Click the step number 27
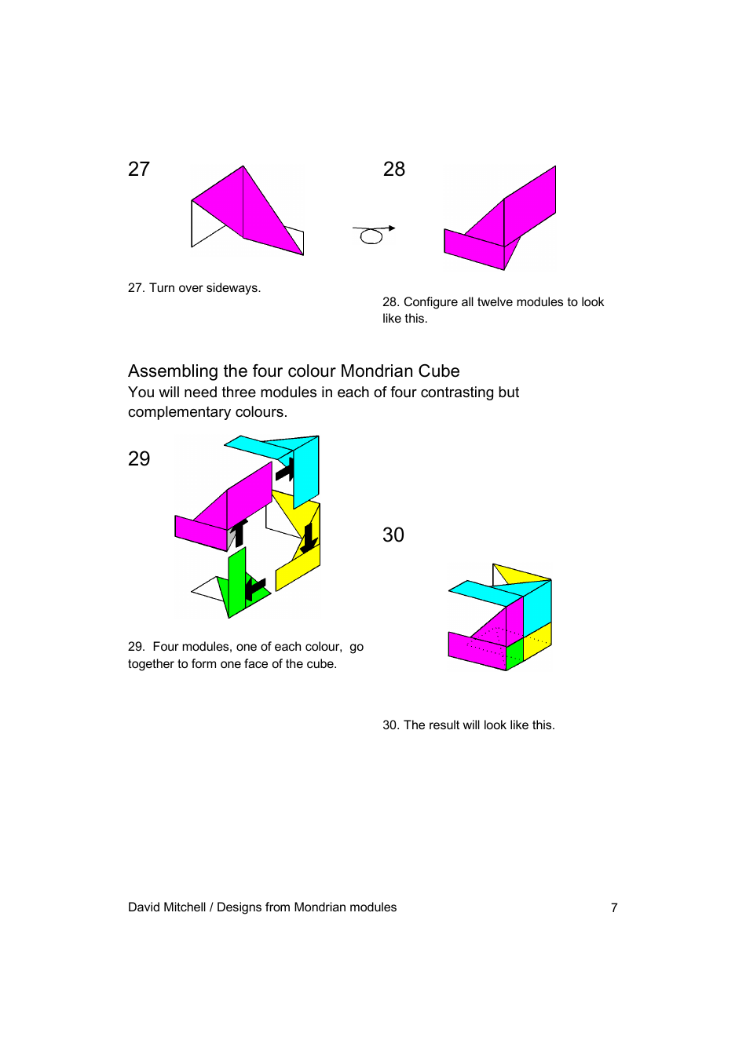[x=139, y=169]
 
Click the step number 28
[x=393, y=169]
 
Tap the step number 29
[x=139, y=458]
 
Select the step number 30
[x=393, y=535]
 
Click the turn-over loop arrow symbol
[x=373, y=234]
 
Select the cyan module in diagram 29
[x=305, y=470]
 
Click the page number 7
[x=614, y=907]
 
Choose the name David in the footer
[x=144, y=907]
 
